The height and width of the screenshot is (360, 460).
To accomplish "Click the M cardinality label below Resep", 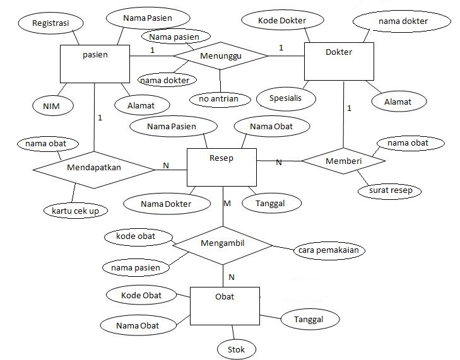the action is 227,203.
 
